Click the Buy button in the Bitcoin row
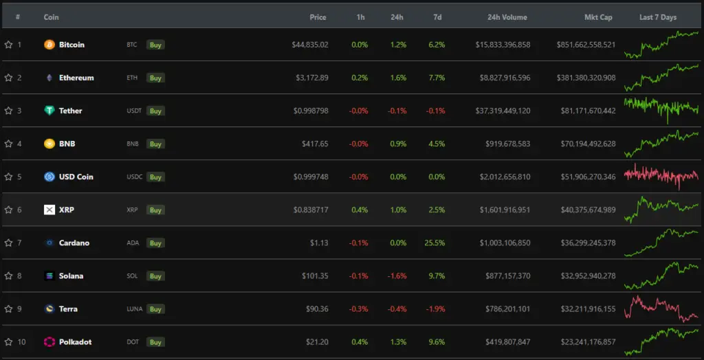[156, 45]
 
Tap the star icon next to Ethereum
[8, 78]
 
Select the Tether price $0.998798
[311, 111]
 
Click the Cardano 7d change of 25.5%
[435, 243]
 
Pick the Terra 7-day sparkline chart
[661, 308]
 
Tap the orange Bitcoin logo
[49, 45]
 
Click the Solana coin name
[71, 275]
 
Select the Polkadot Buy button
[156, 341]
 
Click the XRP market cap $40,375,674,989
[586, 210]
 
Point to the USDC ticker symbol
[134, 177]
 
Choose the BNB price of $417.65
[315, 144]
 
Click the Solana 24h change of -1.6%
[397, 275]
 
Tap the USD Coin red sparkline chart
[661, 177]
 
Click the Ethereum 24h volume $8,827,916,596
[503, 78]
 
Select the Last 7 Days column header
[658, 17]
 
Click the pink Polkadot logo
[49, 341]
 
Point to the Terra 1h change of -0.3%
[359, 308]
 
